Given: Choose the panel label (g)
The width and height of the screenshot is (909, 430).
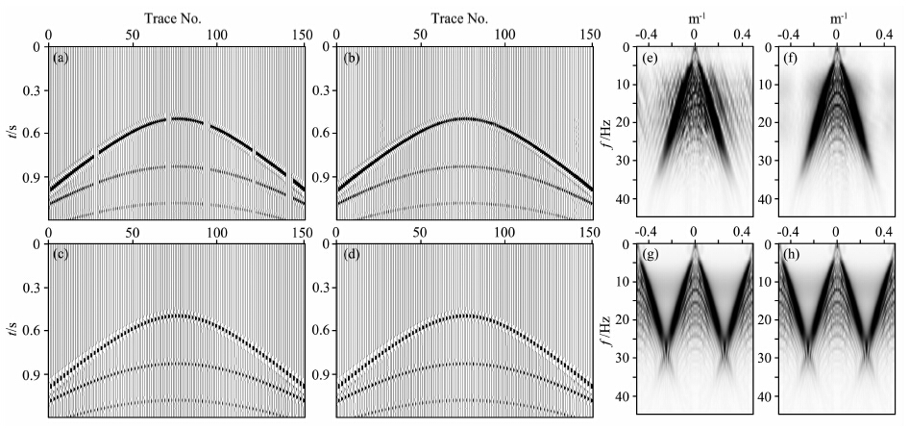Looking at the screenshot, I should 650,257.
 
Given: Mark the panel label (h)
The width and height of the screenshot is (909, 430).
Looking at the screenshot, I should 794,257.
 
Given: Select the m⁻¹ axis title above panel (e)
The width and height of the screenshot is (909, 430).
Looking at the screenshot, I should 694,16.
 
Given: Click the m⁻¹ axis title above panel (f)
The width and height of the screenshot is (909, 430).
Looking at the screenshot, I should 837,16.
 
